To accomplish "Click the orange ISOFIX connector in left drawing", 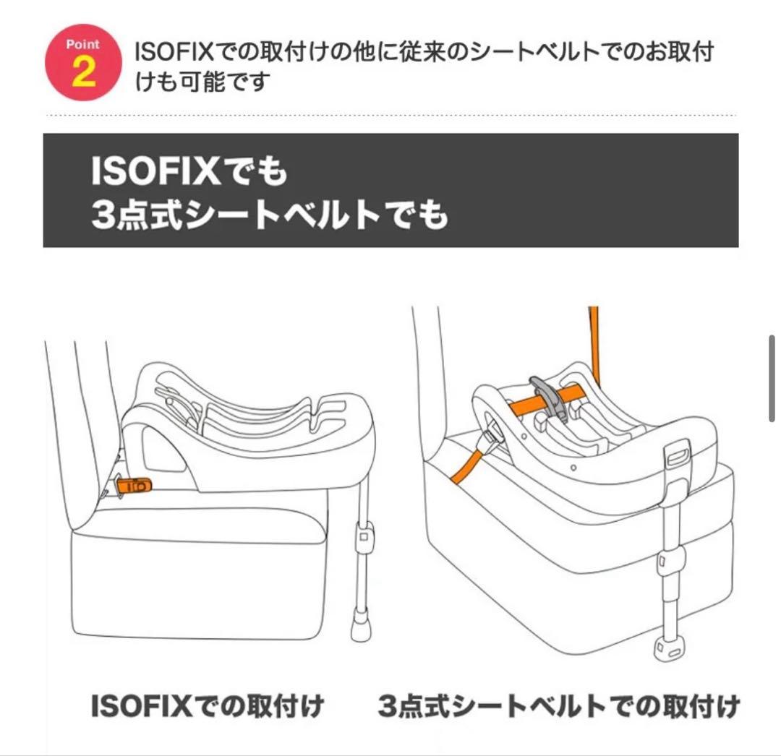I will pos(134,486).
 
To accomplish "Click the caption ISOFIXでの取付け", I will pos(208,705).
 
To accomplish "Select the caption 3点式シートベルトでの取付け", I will pos(558,705).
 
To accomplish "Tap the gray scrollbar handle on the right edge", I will pos(773,378).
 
